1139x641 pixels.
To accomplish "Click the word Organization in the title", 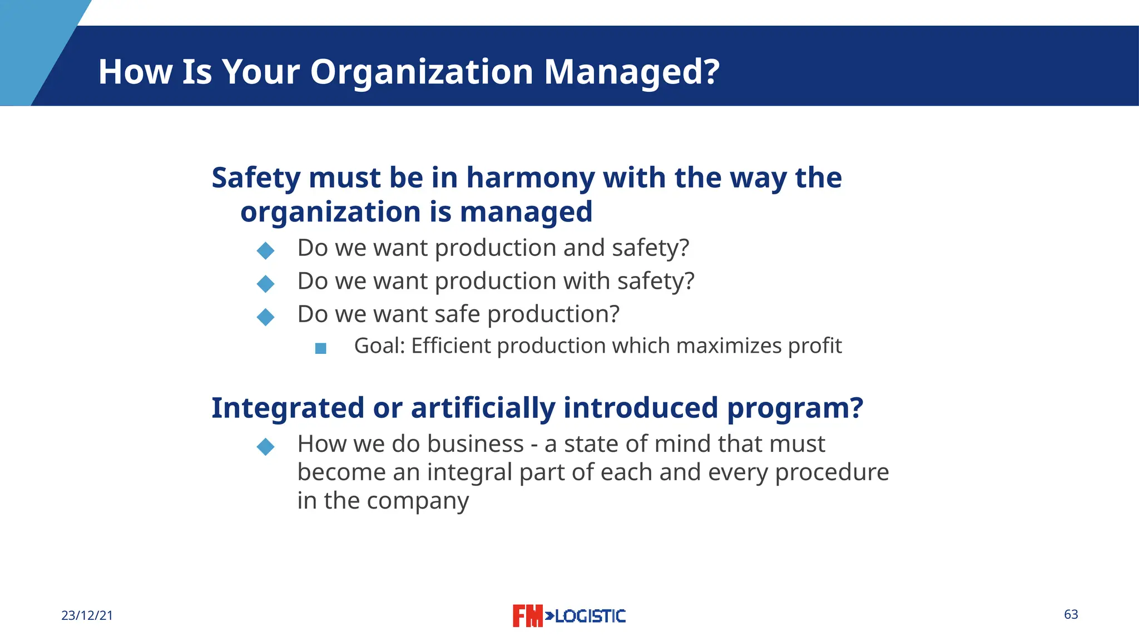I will [x=422, y=72].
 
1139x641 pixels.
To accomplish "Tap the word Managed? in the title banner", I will [x=632, y=72].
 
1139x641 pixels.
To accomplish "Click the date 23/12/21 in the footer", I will [x=87, y=615].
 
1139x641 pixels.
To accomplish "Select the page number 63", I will [x=1071, y=614].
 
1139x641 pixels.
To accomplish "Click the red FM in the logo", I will [x=527, y=616].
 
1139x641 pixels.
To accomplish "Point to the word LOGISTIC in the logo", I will [x=590, y=616].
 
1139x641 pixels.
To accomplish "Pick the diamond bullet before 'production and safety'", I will [x=266, y=250].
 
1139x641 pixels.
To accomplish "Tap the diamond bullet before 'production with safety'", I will [x=266, y=284].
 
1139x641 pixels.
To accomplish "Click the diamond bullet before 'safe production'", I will [x=266, y=317].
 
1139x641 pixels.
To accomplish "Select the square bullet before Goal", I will [x=320, y=348].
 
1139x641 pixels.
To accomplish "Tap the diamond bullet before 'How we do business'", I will [x=266, y=446].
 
